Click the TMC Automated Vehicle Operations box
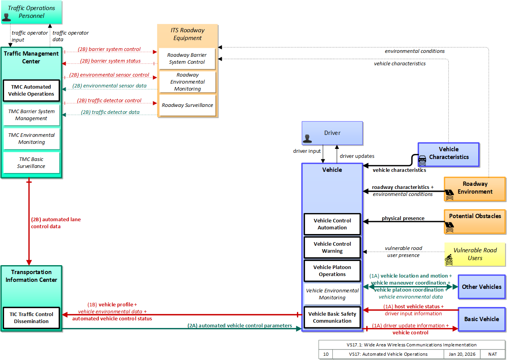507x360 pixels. (31, 91)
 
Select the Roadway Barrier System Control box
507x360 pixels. (187, 58)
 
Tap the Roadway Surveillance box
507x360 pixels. (187, 105)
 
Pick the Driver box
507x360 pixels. (332, 133)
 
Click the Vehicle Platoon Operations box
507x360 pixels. (332, 271)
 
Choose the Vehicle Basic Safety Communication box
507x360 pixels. (332, 317)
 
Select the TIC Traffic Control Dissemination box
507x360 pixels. (31, 318)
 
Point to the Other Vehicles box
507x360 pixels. (482, 287)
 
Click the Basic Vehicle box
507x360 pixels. (482, 319)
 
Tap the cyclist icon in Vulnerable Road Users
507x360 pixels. (449, 260)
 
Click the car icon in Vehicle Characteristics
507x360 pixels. (422, 161)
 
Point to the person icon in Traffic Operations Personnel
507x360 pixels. (6, 17)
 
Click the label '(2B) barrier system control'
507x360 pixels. (109, 49)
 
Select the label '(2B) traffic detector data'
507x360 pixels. (110, 112)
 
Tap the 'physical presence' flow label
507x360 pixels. (403, 218)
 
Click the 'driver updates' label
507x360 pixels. (357, 156)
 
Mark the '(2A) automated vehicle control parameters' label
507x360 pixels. (240, 325)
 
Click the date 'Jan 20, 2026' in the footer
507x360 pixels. (462, 354)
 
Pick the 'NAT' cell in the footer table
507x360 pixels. (493, 354)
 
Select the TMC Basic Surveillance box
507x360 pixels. (31, 163)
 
